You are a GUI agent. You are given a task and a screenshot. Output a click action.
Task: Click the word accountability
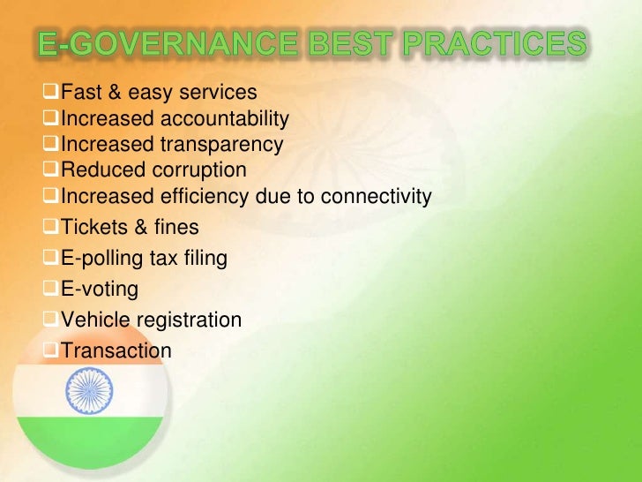tap(224, 118)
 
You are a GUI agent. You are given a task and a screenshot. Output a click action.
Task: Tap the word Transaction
tap(116, 350)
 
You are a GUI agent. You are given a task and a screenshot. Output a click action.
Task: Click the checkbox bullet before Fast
tap(51, 92)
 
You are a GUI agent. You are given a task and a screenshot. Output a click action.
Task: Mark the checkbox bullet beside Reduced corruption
tap(51, 169)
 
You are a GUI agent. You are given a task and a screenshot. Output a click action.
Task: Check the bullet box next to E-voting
tap(51, 288)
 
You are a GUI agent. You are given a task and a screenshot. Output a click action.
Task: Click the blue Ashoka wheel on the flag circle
tap(89, 389)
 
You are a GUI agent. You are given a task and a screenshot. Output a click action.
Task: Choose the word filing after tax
tap(205, 259)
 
